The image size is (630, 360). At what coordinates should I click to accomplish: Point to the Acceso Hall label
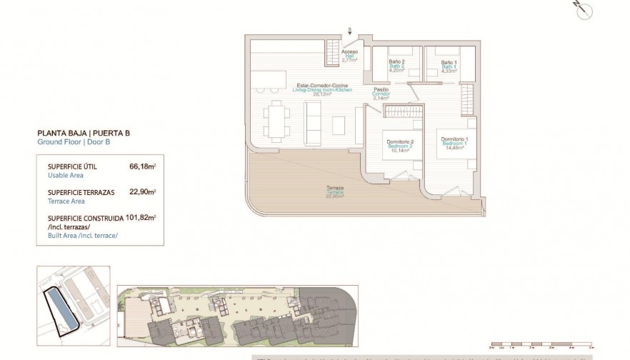(x=349, y=56)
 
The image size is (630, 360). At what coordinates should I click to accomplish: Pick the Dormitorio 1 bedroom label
(x=454, y=142)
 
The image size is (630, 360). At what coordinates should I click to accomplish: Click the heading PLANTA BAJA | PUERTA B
(x=84, y=133)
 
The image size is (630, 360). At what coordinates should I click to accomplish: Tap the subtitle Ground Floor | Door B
(x=74, y=142)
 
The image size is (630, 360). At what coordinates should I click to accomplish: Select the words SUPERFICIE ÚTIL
(x=72, y=166)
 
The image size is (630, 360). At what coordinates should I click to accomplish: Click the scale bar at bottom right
(x=544, y=344)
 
